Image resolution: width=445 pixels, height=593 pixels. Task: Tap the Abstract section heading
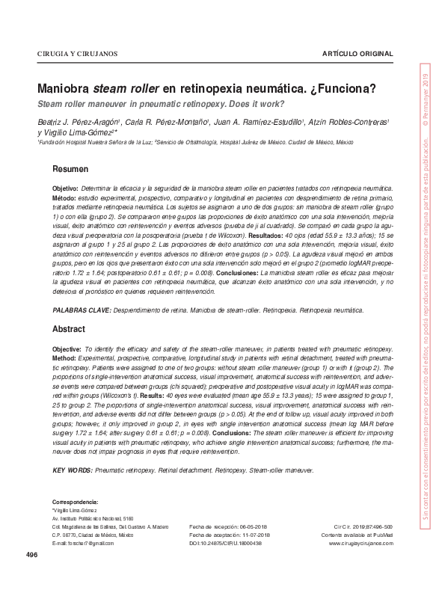pyautogui.click(x=69, y=329)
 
